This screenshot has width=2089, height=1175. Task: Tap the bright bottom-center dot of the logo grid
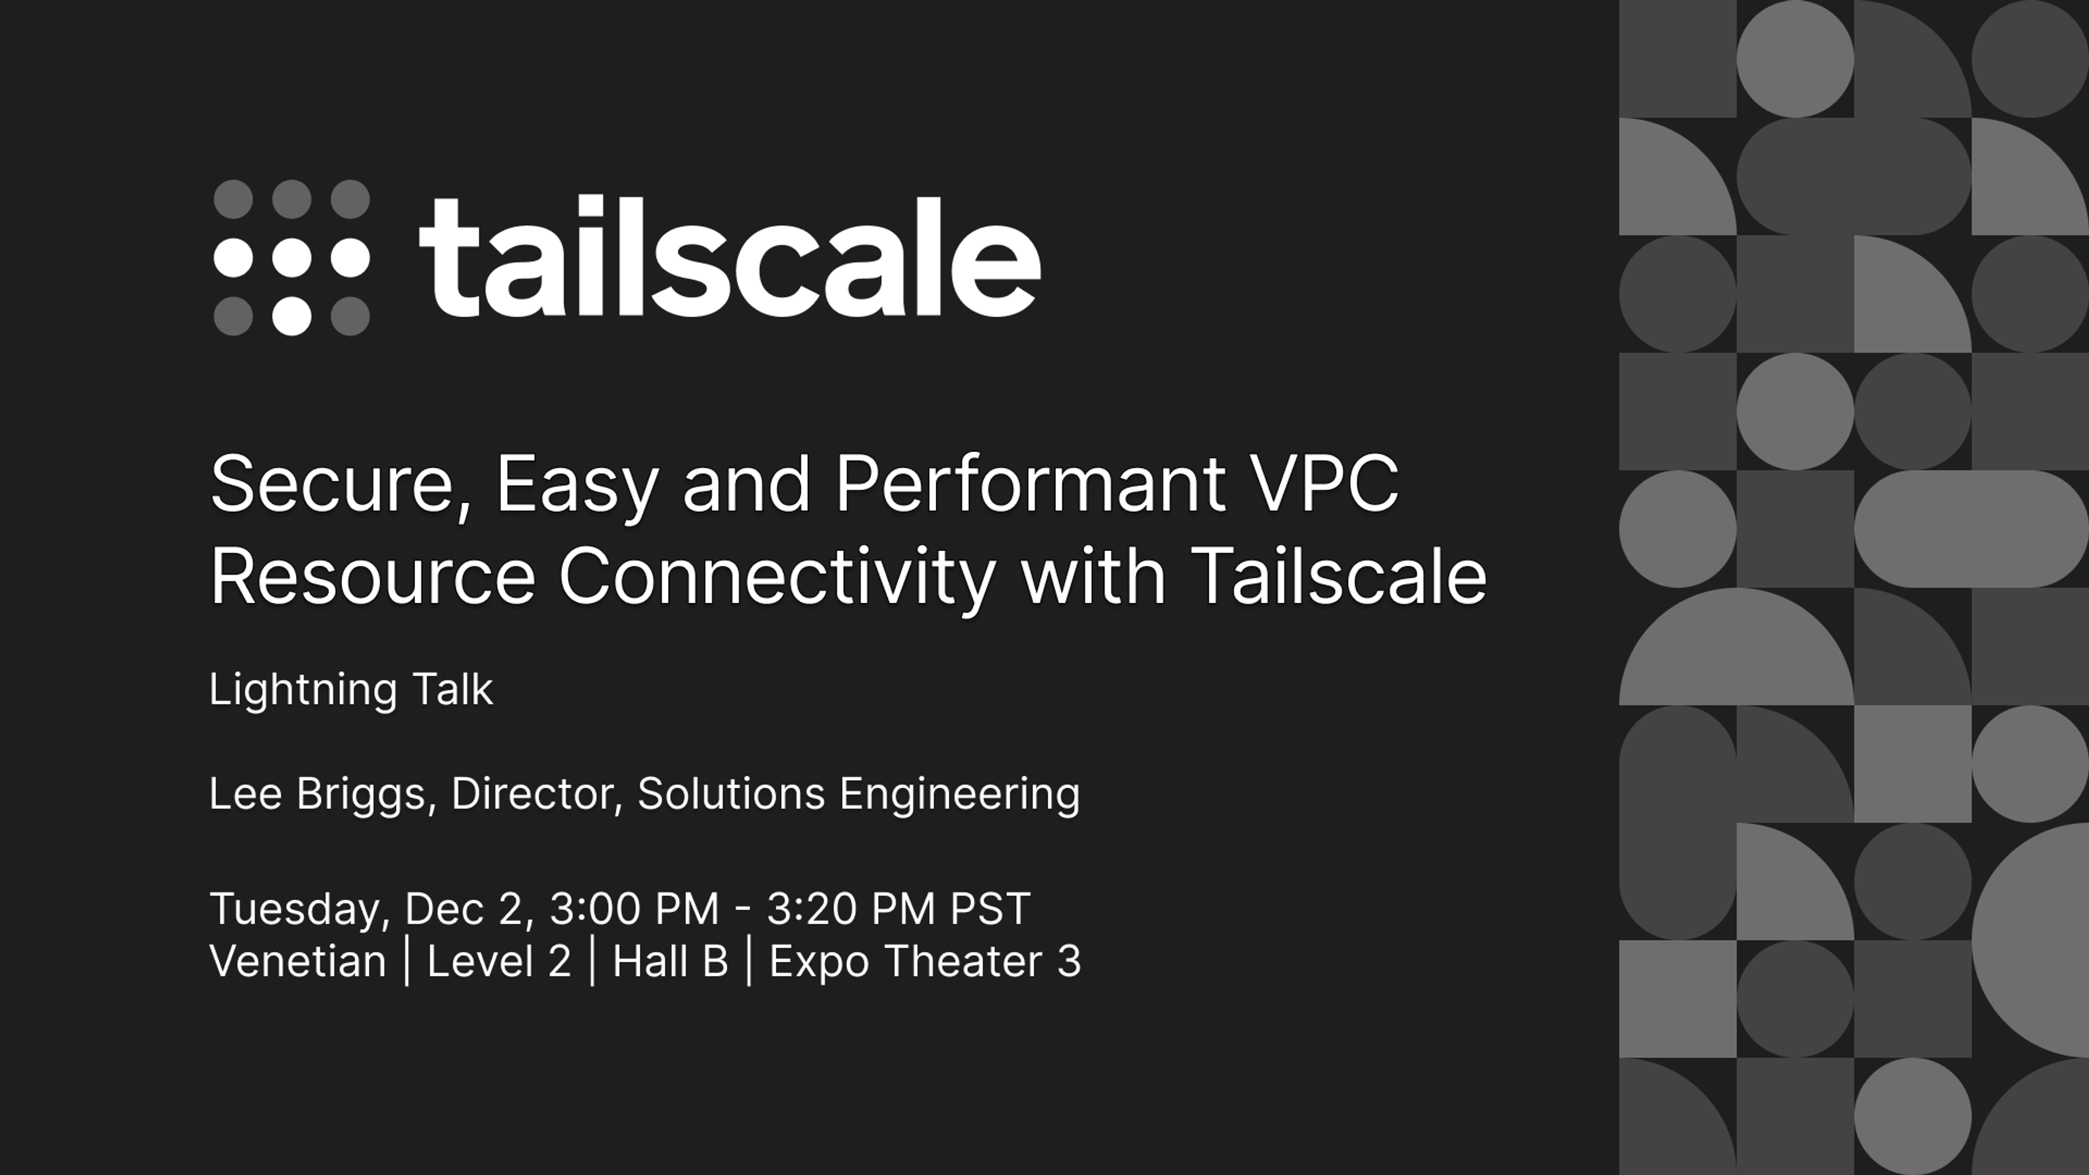click(x=291, y=316)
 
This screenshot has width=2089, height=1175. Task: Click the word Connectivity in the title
click(x=777, y=577)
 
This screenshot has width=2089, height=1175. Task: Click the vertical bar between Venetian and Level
click(x=407, y=962)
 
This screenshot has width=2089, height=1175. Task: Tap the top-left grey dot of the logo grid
click(x=233, y=199)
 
